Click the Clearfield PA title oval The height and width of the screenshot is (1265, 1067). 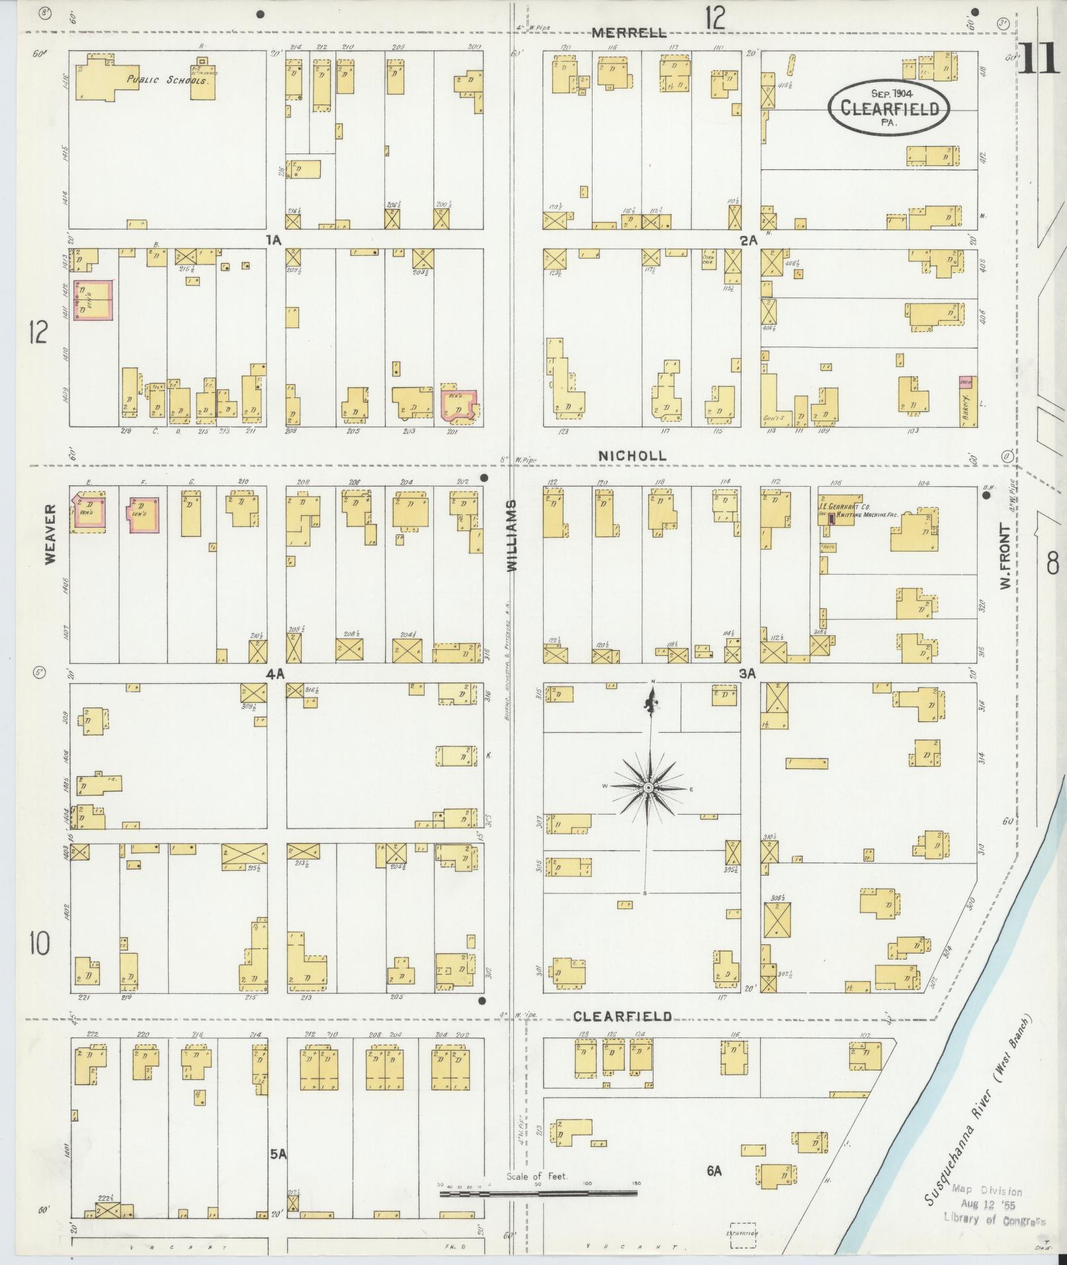[x=890, y=108]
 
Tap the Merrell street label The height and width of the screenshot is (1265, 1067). [x=628, y=33]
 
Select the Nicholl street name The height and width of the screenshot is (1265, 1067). [x=632, y=456]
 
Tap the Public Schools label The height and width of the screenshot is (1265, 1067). [x=168, y=80]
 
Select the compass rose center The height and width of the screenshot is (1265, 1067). [x=649, y=788]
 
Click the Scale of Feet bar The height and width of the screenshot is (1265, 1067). [x=538, y=1194]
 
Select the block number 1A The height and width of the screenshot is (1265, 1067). [x=274, y=241]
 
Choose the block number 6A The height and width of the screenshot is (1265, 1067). [x=713, y=1170]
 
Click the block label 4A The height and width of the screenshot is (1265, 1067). [x=275, y=674]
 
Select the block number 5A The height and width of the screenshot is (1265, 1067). [x=278, y=1154]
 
